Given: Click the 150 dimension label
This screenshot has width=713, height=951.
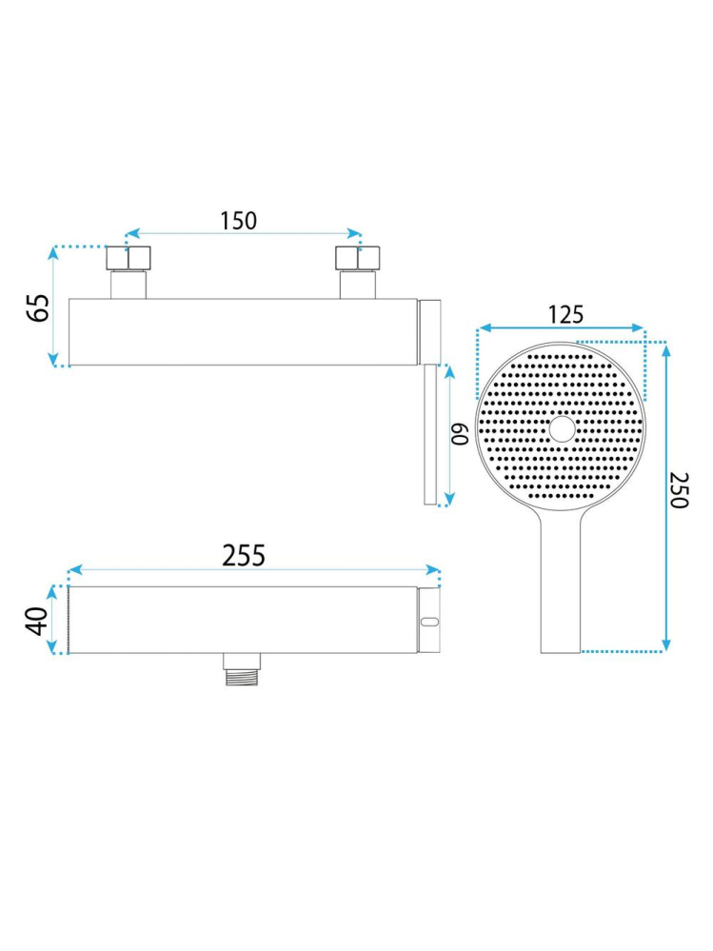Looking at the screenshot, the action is [x=238, y=221].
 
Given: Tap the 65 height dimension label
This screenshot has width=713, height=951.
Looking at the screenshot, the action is [x=39, y=308].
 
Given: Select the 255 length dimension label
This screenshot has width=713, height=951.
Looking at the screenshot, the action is [x=244, y=556].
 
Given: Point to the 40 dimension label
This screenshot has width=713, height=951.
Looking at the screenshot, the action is [x=37, y=621].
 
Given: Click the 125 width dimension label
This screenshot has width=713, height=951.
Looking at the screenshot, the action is [x=565, y=315].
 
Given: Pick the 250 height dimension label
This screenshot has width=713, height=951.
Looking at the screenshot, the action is [x=679, y=490].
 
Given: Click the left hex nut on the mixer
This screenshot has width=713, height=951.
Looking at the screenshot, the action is [x=129, y=258].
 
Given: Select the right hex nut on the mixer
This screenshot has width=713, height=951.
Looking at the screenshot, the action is [x=358, y=258].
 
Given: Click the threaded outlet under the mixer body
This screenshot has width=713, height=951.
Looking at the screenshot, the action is [x=243, y=669].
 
